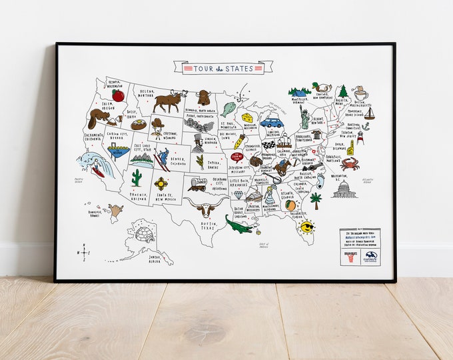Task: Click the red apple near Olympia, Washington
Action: pos(118,95)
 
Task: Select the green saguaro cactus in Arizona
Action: pos(137,177)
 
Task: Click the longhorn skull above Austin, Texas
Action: pos(208,209)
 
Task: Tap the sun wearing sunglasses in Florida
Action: pos(306,227)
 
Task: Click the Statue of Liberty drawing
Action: pos(305,118)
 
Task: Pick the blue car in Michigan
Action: pos(271,123)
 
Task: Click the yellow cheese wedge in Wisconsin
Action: pos(248,118)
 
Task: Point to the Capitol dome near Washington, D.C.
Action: pos(344,189)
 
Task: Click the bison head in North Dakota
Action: pos(203,97)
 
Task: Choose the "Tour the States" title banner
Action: pos(223,67)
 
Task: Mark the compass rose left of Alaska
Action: pos(84,253)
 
